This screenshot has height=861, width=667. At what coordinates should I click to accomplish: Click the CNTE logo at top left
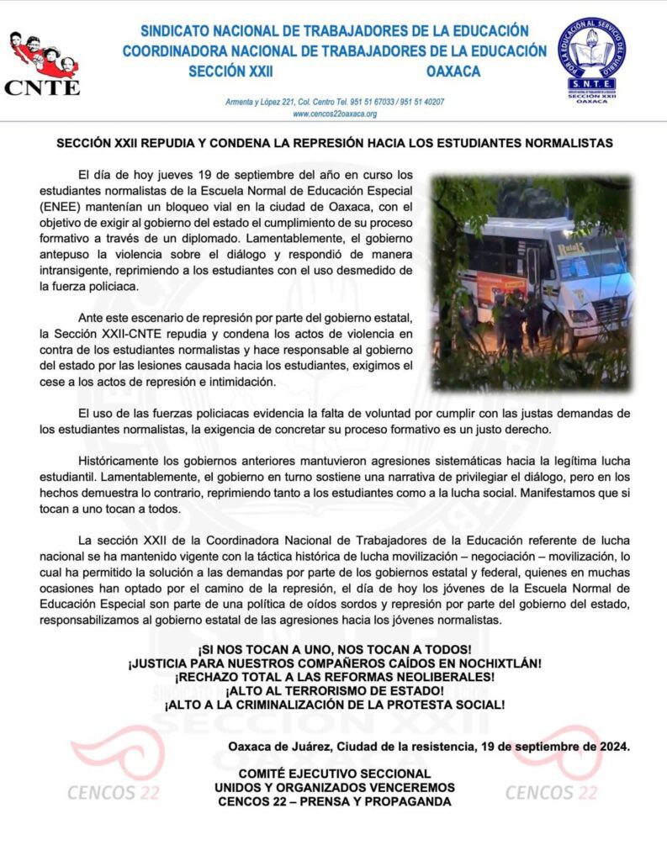point(43,63)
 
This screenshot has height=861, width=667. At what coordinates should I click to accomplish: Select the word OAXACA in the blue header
point(453,71)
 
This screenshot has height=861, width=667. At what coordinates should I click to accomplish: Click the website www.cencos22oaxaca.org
point(335,114)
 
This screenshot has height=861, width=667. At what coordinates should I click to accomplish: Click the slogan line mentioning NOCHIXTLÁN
point(334,663)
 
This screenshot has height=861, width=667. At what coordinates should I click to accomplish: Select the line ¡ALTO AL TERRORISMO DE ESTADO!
point(334,690)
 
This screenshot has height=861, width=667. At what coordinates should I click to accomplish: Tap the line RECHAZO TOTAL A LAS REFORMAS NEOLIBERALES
point(334,677)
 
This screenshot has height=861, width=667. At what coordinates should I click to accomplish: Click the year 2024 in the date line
point(614,746)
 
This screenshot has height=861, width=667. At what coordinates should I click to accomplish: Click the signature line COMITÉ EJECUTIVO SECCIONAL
point(334,774)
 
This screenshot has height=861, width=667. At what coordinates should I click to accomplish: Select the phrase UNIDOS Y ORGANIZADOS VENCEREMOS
point(334,787)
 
